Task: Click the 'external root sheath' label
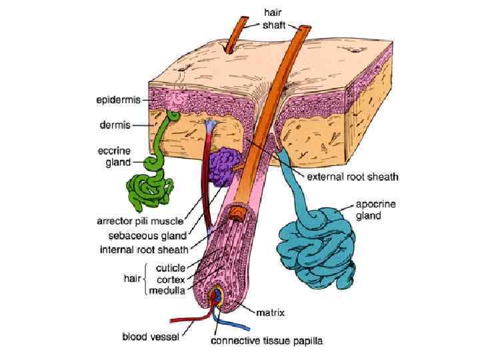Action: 352,177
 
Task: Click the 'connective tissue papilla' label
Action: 267,341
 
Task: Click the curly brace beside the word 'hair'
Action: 145,279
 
